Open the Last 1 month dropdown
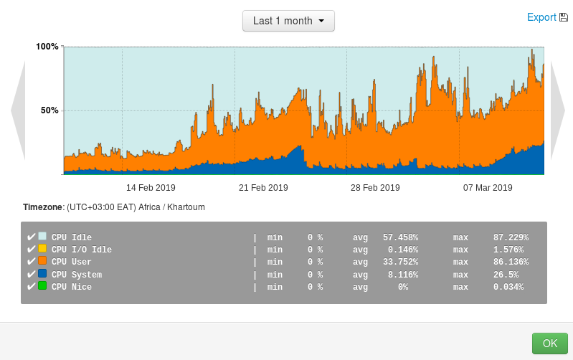click(288, 21)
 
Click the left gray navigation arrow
click(18, 110)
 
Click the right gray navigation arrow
click(557, 110)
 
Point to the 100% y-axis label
click(47, 47)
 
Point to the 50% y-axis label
click(49, 110)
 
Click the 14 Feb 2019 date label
click(151, 188)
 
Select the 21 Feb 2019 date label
click(263, 188)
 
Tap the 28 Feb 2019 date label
click(375, 188)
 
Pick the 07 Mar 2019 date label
click(488, 188)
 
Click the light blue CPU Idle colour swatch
click(42, 236)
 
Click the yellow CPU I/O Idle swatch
click(42, 249)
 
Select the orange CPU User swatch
click(42, 261)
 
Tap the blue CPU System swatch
click(42, 274)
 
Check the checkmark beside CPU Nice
click(31, 287)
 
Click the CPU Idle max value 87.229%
click(511, 237)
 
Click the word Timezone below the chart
click(43, 207)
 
